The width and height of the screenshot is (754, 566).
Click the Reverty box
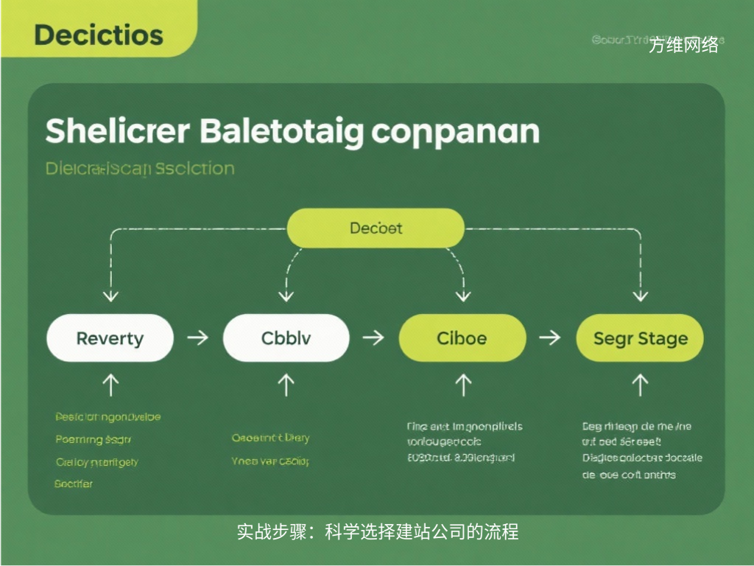click(x=110, y=339)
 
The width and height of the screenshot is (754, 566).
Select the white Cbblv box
click(x=286, y=339)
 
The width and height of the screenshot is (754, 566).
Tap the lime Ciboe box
click(x=462, y=339)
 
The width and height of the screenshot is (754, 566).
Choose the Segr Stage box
click(x=640, y=339)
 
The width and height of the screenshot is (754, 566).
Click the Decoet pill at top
click(x=376, y=228)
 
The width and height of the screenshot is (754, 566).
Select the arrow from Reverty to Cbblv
click(x=197, y=338)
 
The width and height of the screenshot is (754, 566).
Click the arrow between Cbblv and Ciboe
click(x=374, y=338)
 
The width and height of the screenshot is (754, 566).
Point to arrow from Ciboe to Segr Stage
click(x=550, y=338)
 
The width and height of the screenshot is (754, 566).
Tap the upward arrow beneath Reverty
click(x=110, y=384)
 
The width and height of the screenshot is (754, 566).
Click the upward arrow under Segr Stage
click(x=640, y=384)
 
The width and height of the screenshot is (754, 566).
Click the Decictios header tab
click(x=98, y=35)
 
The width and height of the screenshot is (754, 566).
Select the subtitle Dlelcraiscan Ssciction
click(x=140, y=169)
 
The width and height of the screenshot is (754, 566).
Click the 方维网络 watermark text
click(x=683, y=46)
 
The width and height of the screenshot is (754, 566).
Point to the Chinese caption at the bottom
click(x=377, y=531)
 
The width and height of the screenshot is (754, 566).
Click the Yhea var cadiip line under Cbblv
click(x=270, y=461)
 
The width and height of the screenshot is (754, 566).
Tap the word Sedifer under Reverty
click(x=74, y=484)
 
